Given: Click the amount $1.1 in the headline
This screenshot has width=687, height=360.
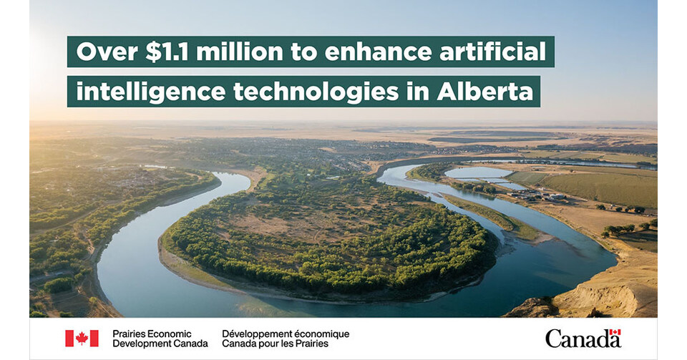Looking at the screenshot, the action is pos(167,52).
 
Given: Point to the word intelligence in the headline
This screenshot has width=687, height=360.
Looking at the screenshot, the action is pos(151,92).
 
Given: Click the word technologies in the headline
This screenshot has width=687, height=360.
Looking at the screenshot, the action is pos(316,92).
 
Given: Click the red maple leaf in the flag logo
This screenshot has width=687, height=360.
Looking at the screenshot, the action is pos(82,338).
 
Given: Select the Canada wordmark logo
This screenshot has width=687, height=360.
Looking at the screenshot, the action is pos(583,339).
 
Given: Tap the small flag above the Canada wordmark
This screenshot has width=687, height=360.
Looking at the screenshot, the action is pos(615,332).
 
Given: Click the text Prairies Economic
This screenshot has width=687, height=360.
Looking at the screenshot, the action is pos(152,334).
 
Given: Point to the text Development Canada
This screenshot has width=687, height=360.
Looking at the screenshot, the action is pos(160,344).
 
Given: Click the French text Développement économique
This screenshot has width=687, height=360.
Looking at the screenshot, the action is pos(286,334).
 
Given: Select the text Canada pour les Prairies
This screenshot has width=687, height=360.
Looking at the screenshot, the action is pos(275,344).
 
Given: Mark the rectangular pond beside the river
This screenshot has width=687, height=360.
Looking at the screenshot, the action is pos(477,172).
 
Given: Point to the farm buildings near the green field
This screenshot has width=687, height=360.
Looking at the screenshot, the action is pos(541,196).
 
